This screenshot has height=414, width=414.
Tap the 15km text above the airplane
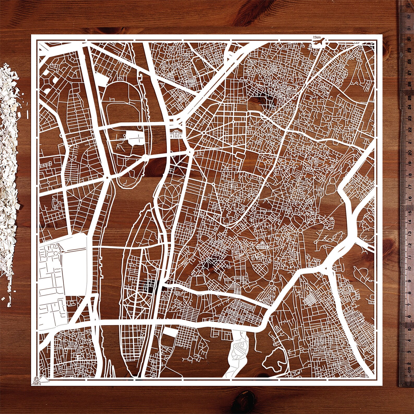tap(317, 37)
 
